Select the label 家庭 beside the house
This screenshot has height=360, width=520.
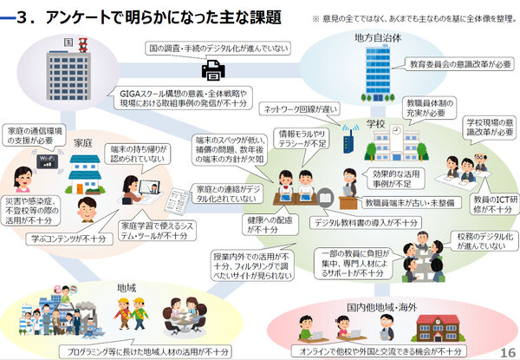(x=84, y=141)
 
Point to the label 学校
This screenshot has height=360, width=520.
(x=374, y=123)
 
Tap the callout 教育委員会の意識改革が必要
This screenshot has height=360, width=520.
(x=454, y=64)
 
